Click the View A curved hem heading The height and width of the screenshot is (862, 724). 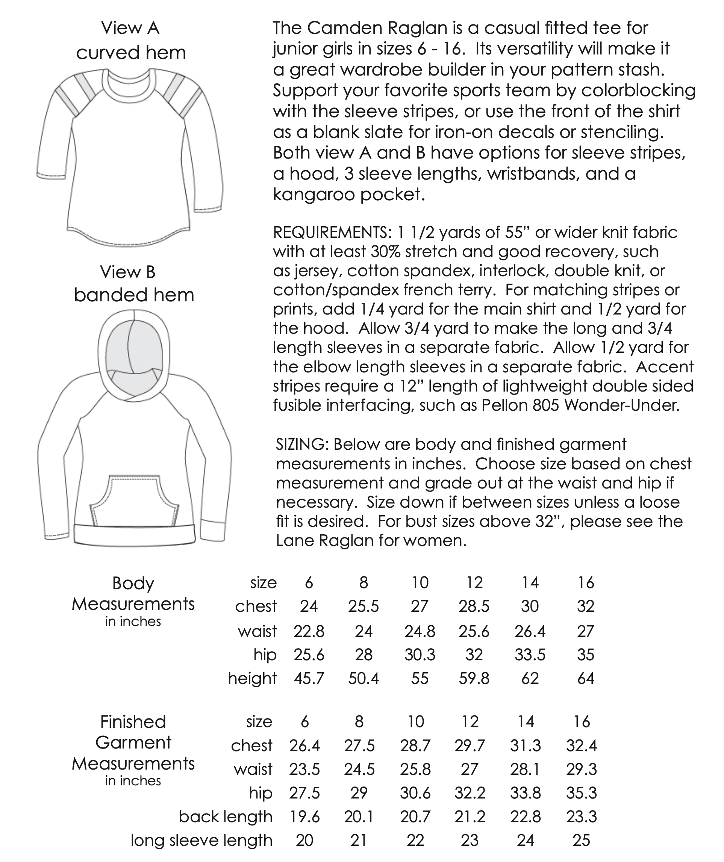130,40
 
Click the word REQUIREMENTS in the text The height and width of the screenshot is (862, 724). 332,233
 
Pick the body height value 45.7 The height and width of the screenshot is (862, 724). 309,679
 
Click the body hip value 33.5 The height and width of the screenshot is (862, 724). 530,655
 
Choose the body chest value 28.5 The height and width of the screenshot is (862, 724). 474,606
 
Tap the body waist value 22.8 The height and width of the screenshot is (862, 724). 309,631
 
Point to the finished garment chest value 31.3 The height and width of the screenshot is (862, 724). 525,746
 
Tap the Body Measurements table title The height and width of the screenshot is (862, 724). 133,594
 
